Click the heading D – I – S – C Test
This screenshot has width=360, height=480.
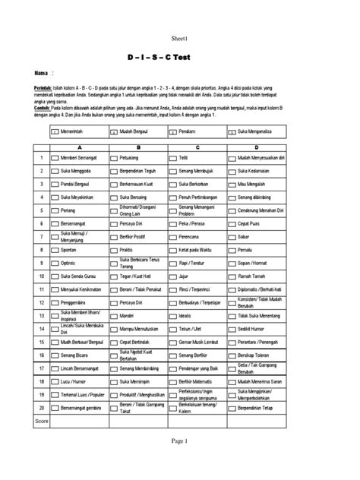(x=180, y=57)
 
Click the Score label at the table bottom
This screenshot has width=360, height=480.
(x=42, y=419)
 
